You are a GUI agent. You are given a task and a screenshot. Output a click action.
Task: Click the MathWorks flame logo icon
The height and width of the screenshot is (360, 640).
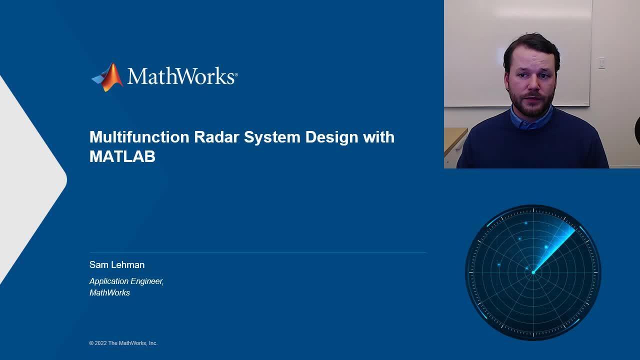[x=107, y=77]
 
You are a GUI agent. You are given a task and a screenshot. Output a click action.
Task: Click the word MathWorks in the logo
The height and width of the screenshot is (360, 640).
[x=181, y=76]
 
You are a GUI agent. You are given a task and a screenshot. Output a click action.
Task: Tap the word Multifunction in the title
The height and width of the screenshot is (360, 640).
[x=139, y=137]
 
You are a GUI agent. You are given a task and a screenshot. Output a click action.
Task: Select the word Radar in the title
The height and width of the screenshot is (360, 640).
[x=216, y=137]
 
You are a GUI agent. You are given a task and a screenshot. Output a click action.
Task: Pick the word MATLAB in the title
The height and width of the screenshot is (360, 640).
[x=122, y=156]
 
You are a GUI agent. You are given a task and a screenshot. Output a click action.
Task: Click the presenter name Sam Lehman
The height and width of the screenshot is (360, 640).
[x=117, y=264]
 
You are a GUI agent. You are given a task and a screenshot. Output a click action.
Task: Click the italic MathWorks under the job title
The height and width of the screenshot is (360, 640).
[x=109, y=292]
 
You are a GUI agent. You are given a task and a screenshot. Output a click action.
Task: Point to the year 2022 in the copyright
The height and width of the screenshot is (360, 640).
[x=100, y=343]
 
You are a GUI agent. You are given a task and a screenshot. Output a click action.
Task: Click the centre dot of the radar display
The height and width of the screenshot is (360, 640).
[x=533, y=272]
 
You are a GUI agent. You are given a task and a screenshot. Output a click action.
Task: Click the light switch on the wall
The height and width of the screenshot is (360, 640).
[x=601, y=63]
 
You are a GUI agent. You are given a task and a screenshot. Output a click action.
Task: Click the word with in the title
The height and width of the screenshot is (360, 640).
[x=379, y=137]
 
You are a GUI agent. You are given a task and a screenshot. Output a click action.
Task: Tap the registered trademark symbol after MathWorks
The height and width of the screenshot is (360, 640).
[x=236, y=75]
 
